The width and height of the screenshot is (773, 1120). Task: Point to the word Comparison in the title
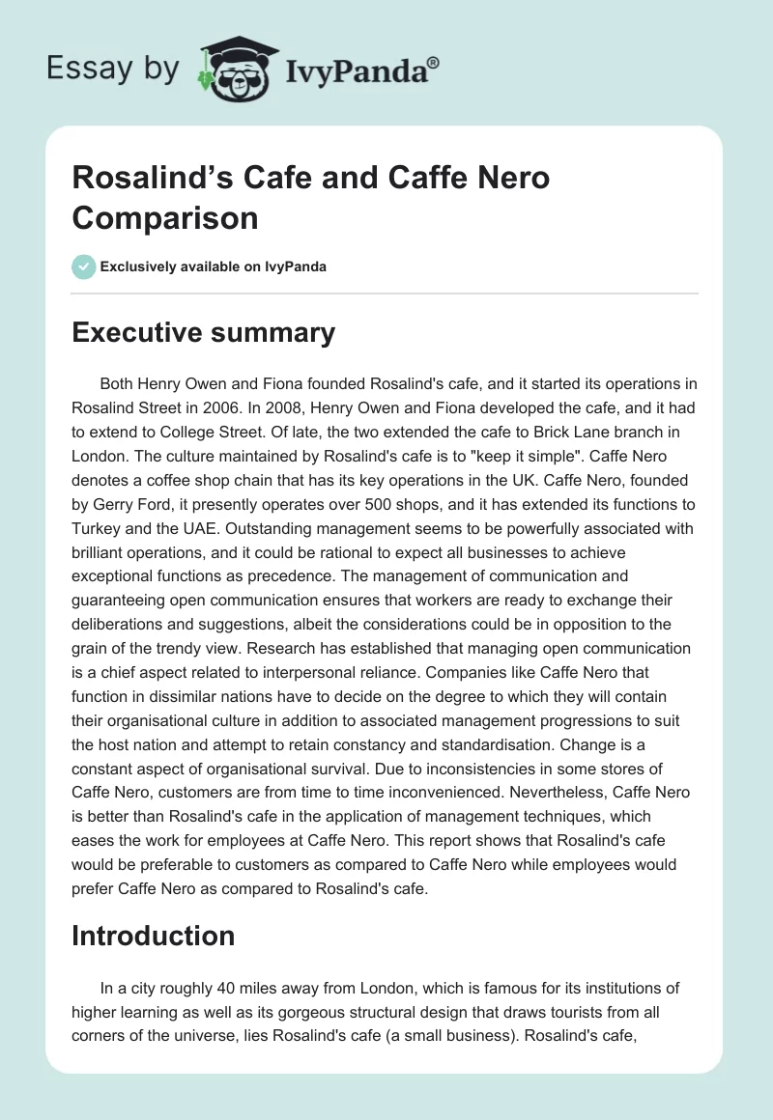click(x=165, y=217)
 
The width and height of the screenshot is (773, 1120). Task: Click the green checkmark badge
click(x=84, y=266)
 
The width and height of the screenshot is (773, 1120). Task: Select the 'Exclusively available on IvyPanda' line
click(x=214, y=266)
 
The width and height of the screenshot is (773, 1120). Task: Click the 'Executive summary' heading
click(x=203, y=332)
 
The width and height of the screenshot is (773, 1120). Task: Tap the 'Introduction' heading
click(x=154, y=936)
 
